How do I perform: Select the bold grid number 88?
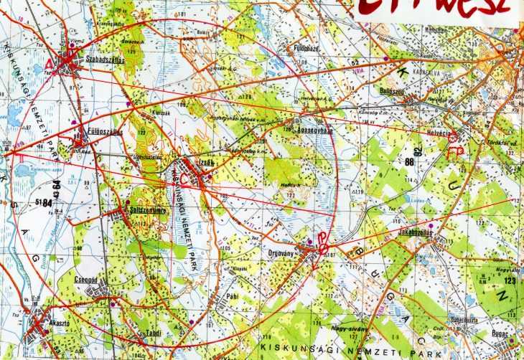tap(410, 162)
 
